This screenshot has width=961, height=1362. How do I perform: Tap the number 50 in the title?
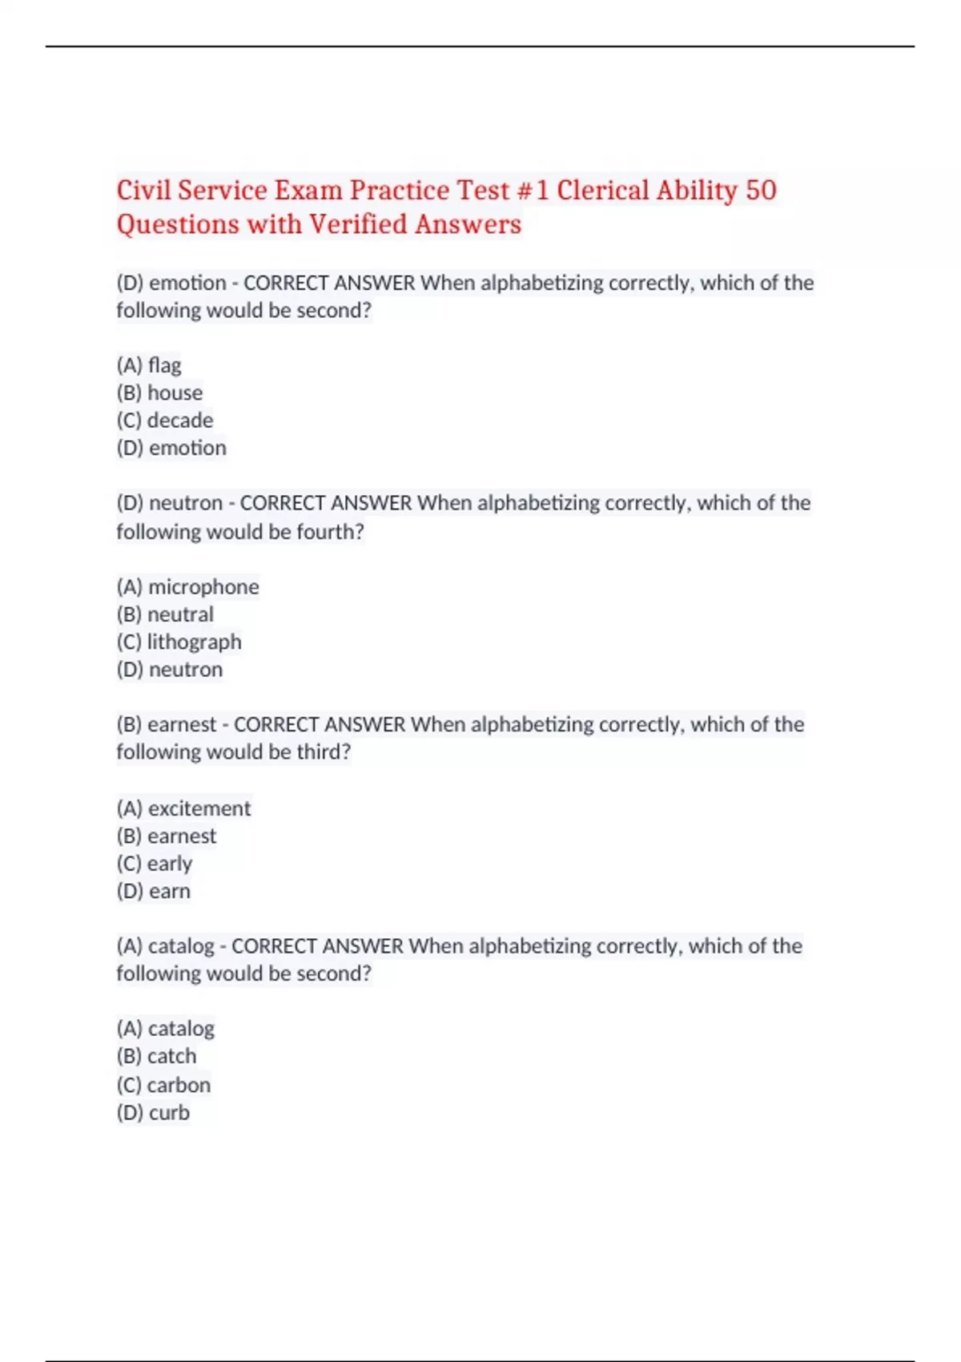(761, 191)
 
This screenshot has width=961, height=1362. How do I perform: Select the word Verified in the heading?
(358, 224)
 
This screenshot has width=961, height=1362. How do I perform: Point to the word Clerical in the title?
(603, 191)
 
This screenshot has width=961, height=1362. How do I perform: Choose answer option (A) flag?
(150, 365)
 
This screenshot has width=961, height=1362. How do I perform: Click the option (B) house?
(160, 393)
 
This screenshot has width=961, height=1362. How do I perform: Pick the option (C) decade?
(165, 421)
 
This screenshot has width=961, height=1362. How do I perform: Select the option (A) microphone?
(188, 587)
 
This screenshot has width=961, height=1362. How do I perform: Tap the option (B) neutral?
(166, 615)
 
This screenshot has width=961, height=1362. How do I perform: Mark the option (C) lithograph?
(179, 642)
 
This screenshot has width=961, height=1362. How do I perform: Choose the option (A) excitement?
(184, 808)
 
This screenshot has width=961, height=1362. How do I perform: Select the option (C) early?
(155, 864)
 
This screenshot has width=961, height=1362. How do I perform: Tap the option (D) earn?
(154, 891)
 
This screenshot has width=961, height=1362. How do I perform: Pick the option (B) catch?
(157, 1056)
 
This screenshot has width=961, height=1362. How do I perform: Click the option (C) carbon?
(164, 1085)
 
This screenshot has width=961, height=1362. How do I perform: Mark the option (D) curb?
(154, 1113)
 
